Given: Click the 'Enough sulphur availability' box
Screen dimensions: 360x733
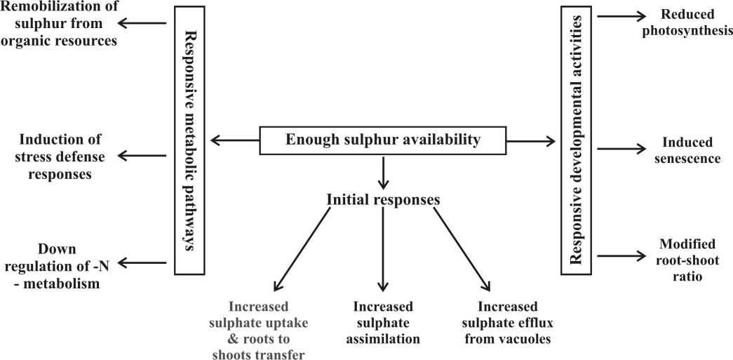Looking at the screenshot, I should (383, 140).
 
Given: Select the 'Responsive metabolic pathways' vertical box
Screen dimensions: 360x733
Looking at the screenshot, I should (187, 140).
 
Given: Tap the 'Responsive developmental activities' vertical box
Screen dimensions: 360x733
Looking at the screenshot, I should (577, 140).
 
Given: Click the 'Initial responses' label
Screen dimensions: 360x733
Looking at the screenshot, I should (383, 199).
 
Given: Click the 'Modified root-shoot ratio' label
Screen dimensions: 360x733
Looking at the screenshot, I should (687, 260).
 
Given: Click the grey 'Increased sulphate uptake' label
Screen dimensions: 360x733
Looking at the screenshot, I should (268, 330).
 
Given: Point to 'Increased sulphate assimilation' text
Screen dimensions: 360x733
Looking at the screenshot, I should (383, 323).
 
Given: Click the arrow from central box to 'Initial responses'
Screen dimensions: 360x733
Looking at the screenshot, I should (383, 173).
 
